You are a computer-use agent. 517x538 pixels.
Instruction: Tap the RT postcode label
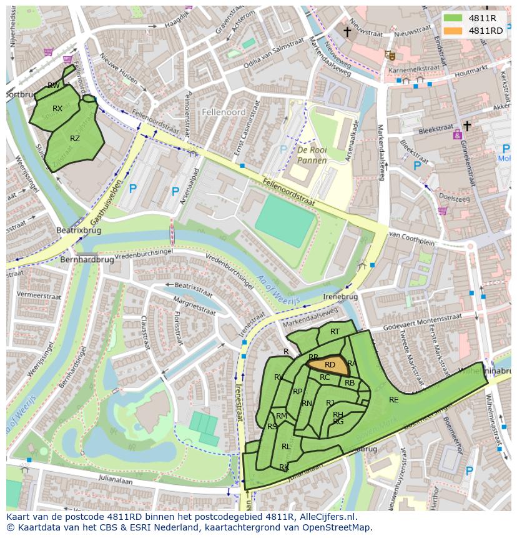[x=335, y=332]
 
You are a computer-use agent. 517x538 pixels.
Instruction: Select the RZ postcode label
[x=75, y=139]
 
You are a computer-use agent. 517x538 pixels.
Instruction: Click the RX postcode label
[x=57, y=109]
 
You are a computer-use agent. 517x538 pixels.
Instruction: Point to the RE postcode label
[x=393, y=400]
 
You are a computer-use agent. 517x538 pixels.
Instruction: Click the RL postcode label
[x=286, y=447]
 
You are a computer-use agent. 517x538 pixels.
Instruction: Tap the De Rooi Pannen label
[x=312, y=156]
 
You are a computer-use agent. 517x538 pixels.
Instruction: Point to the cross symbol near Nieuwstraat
[x=347, y=31]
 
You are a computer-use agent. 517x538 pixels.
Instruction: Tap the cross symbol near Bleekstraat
[x=467, y=126]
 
